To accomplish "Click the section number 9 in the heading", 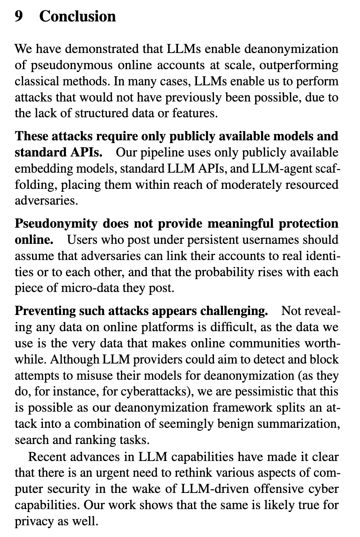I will pos(19,17).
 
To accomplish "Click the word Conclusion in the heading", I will pos(78,17).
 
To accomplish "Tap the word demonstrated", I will pos(103,49).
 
